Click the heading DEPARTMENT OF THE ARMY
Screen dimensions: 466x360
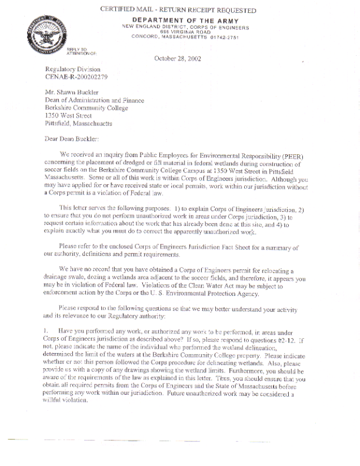pyautogui.click(x=185, y=21)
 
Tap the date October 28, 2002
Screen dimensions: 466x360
pyautogui.click(x=178, y=58)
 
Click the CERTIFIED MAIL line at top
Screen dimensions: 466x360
pyautogui.click(x=178, y=11)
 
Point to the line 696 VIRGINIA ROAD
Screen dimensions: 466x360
pyautogui.click(x=185, y=32)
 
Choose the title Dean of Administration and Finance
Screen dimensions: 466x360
pyautogui.click(x=94, y=101)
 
